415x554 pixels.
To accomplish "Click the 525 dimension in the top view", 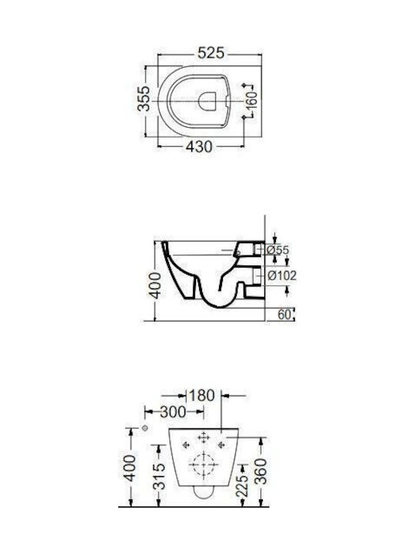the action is [x=211, y=53].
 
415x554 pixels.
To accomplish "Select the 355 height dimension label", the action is [x=144, y=98].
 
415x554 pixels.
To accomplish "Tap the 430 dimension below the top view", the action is [x=199, y=147].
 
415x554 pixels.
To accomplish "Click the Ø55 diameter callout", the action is [x=277, y=250].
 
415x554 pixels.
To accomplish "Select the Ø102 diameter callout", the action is [x=282, y=275].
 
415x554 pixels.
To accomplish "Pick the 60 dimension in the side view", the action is [x=284, y=314].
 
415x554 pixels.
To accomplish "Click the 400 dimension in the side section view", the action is [x=155, y=285].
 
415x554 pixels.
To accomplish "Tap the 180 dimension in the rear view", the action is [x=201, y=395].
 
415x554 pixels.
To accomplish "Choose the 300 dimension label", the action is [x=173, y=412].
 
